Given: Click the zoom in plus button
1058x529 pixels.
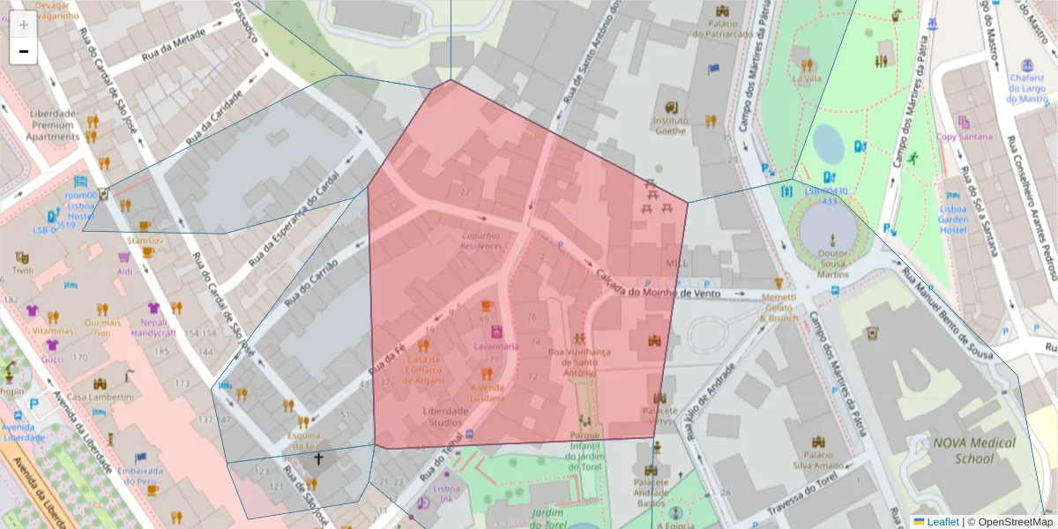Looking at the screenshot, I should (x=24, y=26).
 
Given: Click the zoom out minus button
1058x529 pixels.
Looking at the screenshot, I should (x=24, y=51).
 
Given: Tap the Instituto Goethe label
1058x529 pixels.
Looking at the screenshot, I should (x=670, y=125).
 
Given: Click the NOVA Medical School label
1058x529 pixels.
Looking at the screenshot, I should (x=974, y=451).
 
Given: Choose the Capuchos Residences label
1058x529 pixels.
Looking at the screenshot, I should (x=483, y=241).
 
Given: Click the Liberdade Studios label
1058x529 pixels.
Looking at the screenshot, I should (x=445, y=416).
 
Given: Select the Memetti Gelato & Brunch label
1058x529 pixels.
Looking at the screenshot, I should (x=779, y=308).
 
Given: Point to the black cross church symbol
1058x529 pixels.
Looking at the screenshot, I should (x=319, y=458).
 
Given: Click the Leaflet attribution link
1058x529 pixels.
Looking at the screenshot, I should (x=936, y=522).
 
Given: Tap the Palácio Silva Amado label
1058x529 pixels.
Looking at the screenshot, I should (x=819, y=458).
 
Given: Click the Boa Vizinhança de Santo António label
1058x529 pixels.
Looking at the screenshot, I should (x=578, y=361).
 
